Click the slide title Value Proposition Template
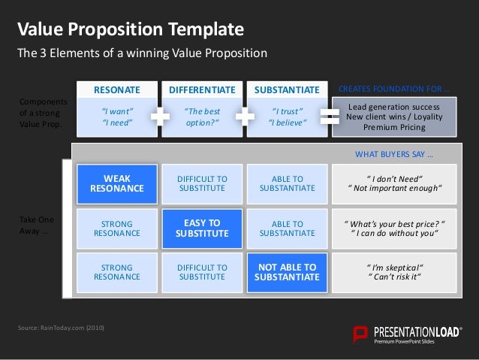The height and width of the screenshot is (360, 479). (x=131, y=30)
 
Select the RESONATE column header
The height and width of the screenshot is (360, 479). (x=117, y=90)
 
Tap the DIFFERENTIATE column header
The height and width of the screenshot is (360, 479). (x=202, y=90)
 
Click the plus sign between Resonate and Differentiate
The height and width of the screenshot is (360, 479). (x=159, y=116)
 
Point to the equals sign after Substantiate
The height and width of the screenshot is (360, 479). (x=329, y=116)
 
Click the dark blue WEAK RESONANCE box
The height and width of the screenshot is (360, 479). (x=117, y=183)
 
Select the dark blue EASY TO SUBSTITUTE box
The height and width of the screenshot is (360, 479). (x=202, y=228)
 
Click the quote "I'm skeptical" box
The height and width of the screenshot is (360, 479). (x=393, y=272)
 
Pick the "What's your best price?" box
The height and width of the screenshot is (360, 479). (x=393, y=228)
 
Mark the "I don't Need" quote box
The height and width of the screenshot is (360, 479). (x=393, y=183)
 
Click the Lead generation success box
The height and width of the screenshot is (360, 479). (x=394, y=117)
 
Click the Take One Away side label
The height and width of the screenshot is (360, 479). (x=35, y=226)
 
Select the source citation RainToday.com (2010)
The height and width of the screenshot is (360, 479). (x=62, y=328)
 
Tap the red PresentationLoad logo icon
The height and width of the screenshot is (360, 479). (x=361, y=334)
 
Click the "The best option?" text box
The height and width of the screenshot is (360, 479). (x=202, y=118)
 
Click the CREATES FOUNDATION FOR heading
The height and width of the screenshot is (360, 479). (x=395, y=90)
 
